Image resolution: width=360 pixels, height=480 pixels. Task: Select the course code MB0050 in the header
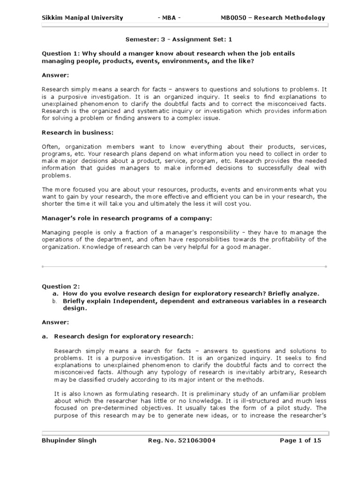pos(233,18)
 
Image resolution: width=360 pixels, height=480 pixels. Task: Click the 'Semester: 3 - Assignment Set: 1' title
pos(180,41)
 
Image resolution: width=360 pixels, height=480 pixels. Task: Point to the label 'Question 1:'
pos(61,54)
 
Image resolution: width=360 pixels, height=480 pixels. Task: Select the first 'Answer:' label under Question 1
pos(55,75)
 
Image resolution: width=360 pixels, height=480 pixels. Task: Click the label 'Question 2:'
pos(61,286)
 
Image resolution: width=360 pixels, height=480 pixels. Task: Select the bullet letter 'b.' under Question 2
pos(54,301)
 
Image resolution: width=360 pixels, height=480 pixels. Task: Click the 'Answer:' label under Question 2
pos(55,322)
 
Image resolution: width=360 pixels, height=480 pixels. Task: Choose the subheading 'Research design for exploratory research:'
pos(123,337)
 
